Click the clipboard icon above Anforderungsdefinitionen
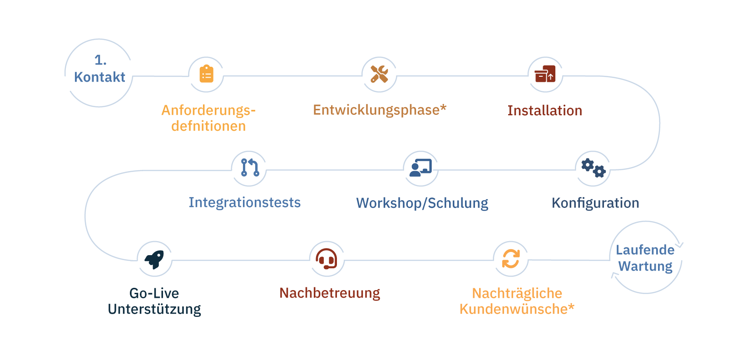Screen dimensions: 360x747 (206, 74)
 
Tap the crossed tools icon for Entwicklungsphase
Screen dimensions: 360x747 (379, 74)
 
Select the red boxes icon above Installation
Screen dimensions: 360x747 (545, 74)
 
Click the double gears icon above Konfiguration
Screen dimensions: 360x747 (593, 168)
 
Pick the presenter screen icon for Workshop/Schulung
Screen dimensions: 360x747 (420, 168)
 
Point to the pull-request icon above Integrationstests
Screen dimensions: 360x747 (249, 168)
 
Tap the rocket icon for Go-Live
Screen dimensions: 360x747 (154, 260)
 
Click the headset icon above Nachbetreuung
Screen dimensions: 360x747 (327, 259)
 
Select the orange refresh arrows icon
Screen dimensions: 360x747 (510, 259)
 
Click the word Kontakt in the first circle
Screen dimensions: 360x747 (99, 77)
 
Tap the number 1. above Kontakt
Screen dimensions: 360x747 (100, 60)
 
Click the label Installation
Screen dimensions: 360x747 (544, 110)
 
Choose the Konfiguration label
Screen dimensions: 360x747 (595, 203)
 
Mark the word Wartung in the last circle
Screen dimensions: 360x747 (645, 266)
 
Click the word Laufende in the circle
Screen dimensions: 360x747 (645, 250)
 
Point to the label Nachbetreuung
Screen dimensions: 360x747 (330, 293)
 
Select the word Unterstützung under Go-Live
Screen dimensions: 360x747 (154, 310)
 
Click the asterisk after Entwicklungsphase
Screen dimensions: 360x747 (444, 108)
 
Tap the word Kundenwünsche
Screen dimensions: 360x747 (513, 310)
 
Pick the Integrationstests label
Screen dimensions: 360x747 (245, 202)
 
